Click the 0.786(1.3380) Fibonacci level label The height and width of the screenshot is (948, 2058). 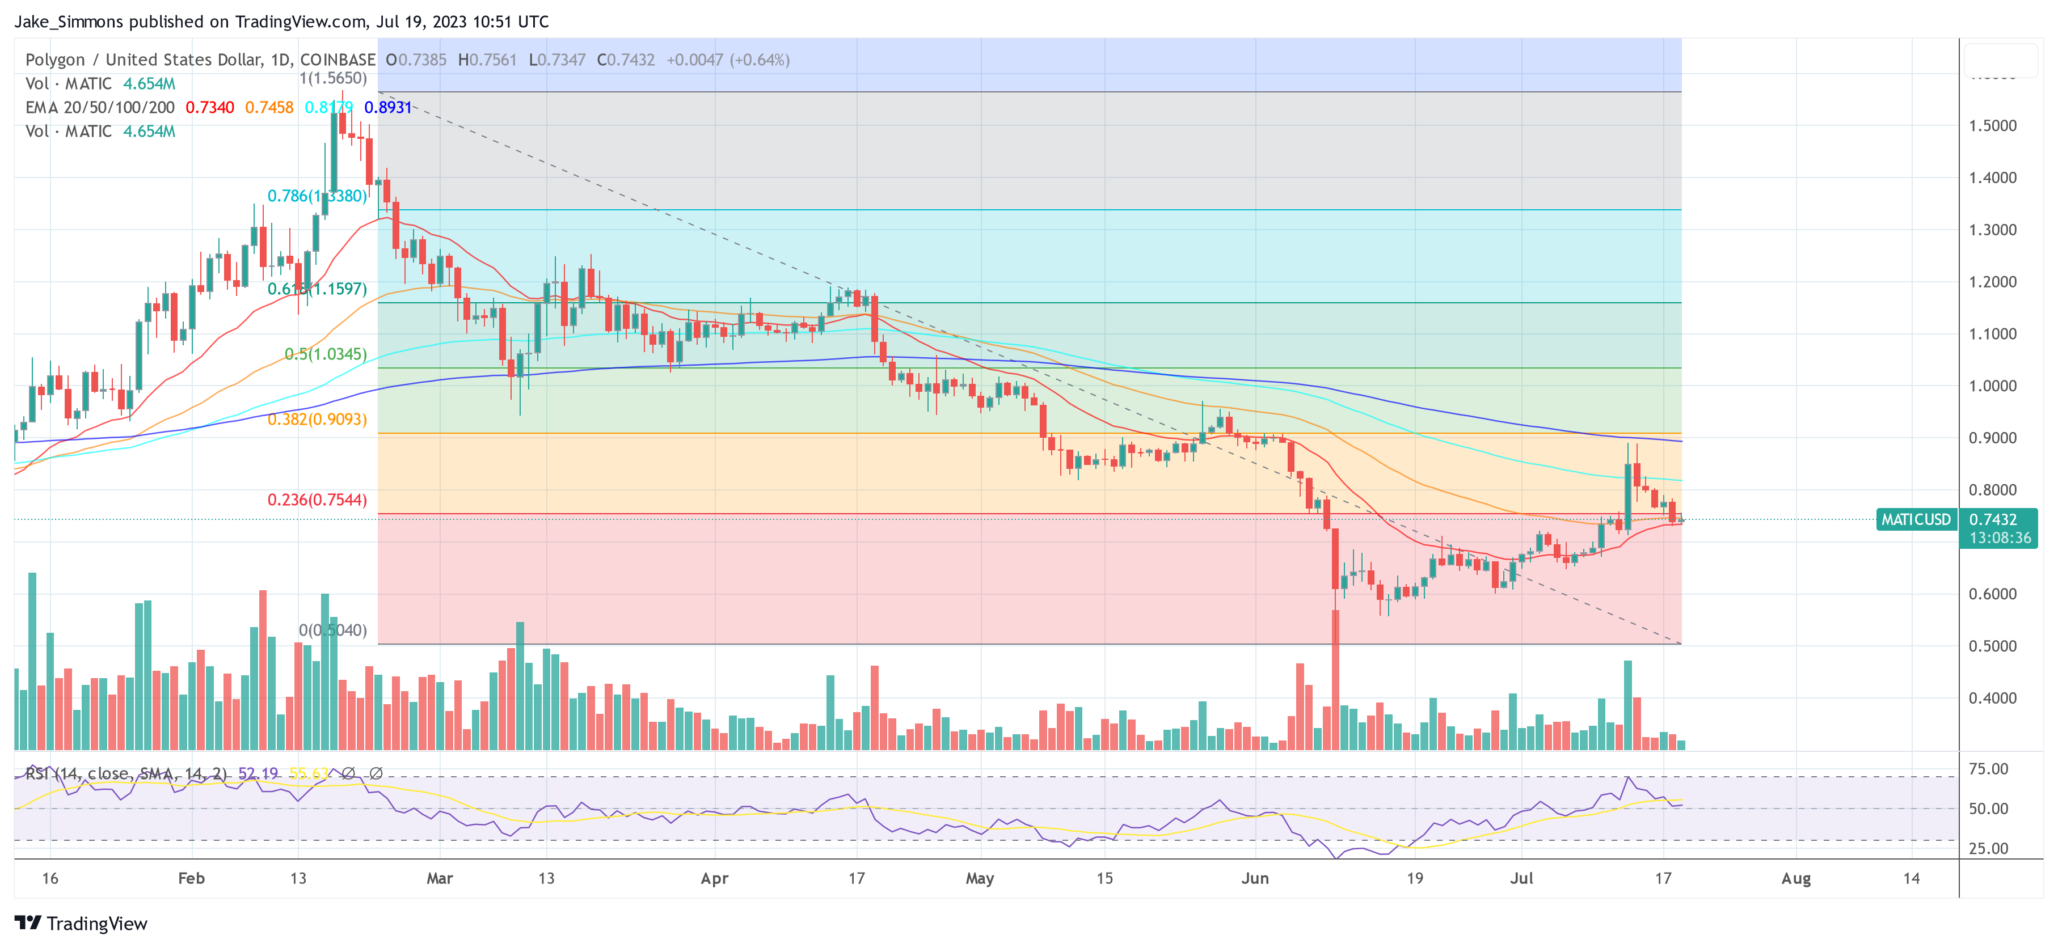pyautogui.click(x=317, y=196)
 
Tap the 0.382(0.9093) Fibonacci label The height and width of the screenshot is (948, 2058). pyautogui.click(x=317, y=420)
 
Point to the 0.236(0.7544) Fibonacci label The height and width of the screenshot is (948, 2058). pyautogui.click(x=317, y=500)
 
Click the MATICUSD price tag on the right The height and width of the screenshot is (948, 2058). pyautogui.click(x=1915, y=519)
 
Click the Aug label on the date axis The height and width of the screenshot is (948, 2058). pyautogui.click(x=1796, y=878)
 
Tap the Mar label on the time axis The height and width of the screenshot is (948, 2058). pyautogui.click(x=440, y=878)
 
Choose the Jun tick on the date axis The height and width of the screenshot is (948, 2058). pyautogui.click(x=1254, y=878)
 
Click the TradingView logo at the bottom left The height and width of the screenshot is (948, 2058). pyautogui.click(x=81, y=923)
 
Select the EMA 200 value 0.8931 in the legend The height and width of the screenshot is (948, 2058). pyautogui.click(x=387, y=107)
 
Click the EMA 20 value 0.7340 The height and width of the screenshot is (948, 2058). pyautogui.click(x=209, y=107)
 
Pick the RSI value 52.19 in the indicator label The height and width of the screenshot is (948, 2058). pyautogui.click(x=258, y=773)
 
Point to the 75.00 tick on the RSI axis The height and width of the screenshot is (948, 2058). pyautogui.click(x=1988, y=769)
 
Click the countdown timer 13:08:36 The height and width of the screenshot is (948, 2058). pyautogui.click(x=1999, y=538)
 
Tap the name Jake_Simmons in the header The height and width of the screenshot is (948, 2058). pyautogui.click(x=69, y=22)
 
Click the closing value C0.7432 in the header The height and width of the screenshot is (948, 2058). pyautogui.click(x=626, y=60)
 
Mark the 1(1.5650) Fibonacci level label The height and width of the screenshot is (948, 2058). pyautogui.click(x=332, y=78)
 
